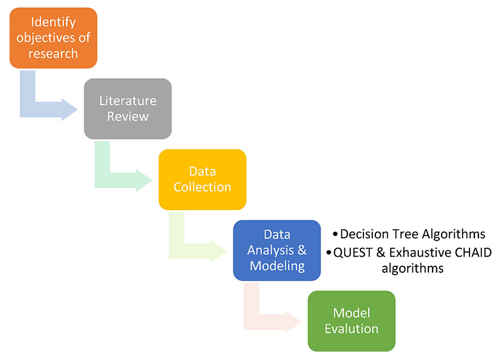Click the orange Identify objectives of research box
coord(53,38)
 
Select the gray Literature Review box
coord(128,109)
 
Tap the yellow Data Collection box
coord(202,179)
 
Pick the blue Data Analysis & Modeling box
coord(277,250)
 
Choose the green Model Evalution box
coord(351,321)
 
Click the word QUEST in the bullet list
coord(353,253)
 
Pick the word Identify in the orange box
coord(53,22)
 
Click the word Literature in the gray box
coord(128,101)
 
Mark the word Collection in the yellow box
coord(202,187)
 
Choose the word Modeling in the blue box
coord(277,266)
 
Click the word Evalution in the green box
coord(351,329)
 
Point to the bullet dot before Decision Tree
coord(335,235)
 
